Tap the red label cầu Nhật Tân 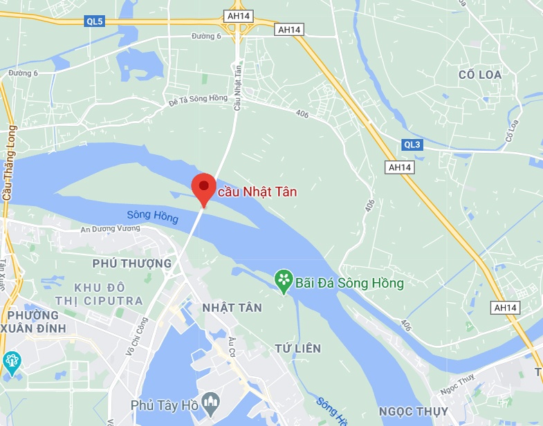tap(257, 192)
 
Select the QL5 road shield tap(95, 21)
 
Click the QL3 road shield tap(412, 145)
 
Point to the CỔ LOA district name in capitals tap(479, 74)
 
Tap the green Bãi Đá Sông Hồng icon tap(284, 281)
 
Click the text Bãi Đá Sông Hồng tap(349, 283)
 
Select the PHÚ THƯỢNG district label tap(131, 263)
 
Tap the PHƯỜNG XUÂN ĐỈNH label tap(39, 319)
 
